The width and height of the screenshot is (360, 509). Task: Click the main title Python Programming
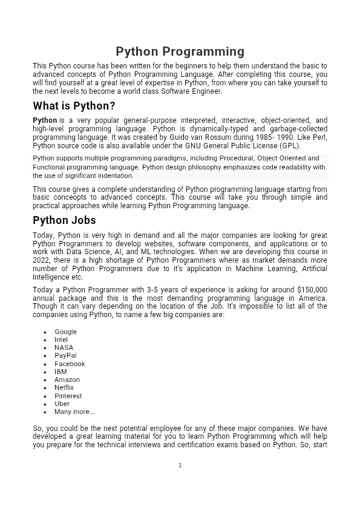point(180,51)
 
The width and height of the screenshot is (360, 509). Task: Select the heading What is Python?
point(74,106)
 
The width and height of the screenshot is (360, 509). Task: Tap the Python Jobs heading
point(64,220)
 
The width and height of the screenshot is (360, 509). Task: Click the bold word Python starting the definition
point(45,120)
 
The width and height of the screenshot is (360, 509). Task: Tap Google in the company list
point(65,332)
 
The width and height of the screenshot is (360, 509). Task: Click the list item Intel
point(61,340)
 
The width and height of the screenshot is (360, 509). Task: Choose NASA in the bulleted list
point(64,347)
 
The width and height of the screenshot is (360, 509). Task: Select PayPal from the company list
point(65,355)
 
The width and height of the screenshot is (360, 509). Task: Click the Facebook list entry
point(70,364)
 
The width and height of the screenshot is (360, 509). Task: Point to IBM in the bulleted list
point(61,372)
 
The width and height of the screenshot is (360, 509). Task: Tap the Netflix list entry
point(64,387)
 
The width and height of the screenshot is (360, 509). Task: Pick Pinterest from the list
point(68,396)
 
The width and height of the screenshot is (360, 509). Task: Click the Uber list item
point(62,404)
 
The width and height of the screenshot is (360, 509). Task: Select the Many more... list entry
point(74,412)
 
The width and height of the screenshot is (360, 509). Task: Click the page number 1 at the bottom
point(180,465)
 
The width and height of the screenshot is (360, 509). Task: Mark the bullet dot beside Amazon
point(46,380)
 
